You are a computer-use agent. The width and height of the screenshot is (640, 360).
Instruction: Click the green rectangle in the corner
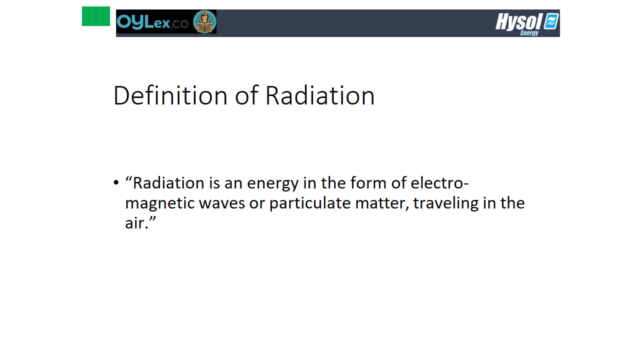tap(95, 16)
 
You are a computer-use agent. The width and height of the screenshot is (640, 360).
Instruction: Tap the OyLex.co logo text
tap(152, 21)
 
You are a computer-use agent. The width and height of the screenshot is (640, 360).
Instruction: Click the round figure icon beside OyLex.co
tap(204, 21)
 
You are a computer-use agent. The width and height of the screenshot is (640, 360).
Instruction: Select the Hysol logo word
tap(519, 21)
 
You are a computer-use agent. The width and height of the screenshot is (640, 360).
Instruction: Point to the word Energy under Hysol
tap(529, 33)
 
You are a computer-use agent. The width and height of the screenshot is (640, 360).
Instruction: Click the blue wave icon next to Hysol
tap(551, 21)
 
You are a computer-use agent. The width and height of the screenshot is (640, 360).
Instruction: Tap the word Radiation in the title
tap(320, 95)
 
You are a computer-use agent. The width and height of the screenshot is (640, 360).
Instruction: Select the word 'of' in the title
tap(246, 95)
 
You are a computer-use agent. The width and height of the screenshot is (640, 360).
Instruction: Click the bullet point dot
tap(116, 182)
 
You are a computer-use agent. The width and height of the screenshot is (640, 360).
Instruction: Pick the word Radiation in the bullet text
tap(168, 183)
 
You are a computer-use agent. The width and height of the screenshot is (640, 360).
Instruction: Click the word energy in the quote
tap(273, 183)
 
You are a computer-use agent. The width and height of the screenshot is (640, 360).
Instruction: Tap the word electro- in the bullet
tap(439, 182)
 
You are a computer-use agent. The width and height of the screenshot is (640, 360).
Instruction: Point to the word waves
tap(222, 203)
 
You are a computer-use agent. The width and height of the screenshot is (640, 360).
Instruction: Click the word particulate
tap(309, 203)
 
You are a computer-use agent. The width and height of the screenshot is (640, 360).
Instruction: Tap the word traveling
tap(445, 203)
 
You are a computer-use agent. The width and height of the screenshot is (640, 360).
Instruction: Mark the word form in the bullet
tap(368, 182)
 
